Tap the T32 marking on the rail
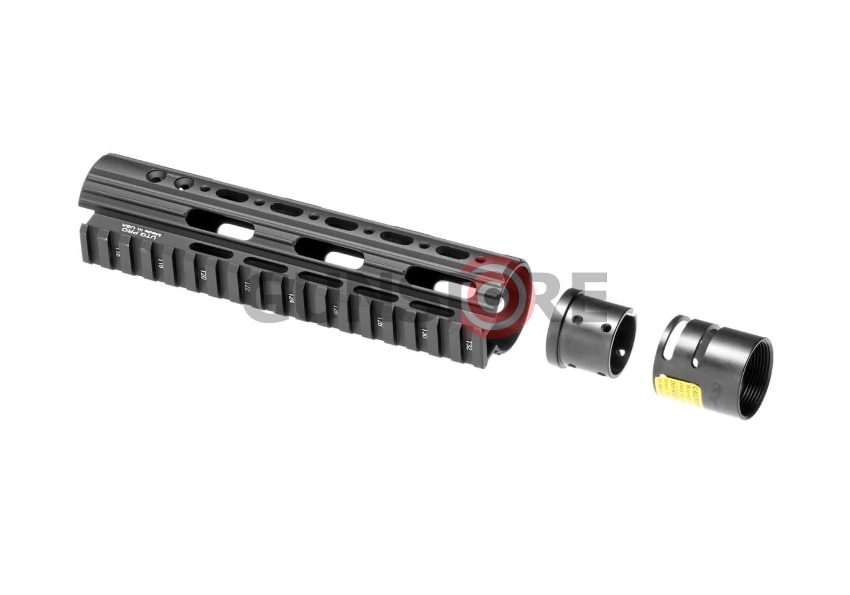tap(468, 345)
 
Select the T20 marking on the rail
tap(203, 275)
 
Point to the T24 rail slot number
tap(291, 298)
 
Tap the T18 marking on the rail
tap(160, 263)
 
